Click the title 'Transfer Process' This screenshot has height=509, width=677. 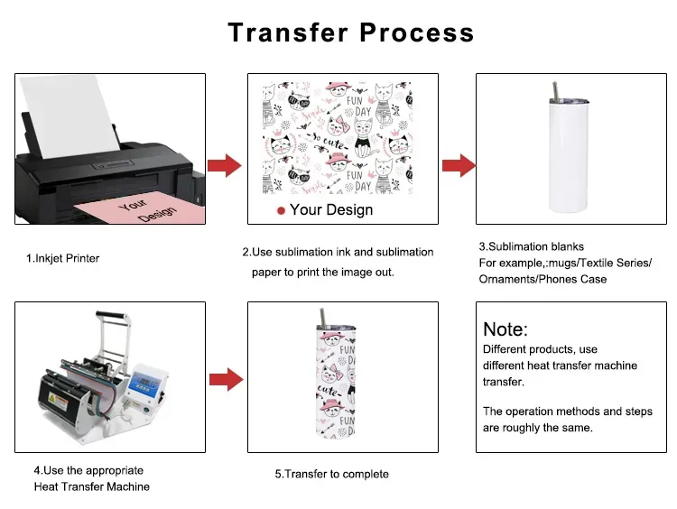coord(350,32)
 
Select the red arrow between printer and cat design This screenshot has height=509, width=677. coord(224,165)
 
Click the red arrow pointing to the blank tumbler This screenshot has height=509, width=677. coord(459,165)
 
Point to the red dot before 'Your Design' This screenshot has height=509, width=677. coord(281,210)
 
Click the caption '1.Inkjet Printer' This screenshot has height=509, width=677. coord(62,259)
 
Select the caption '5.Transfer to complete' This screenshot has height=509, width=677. coord(331,474)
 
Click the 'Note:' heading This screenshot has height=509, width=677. coord(505,329)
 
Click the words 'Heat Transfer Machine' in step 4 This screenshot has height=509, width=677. coord(92,487)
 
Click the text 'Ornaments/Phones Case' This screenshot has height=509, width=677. coord(543,279)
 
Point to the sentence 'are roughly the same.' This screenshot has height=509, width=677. coord(538,428)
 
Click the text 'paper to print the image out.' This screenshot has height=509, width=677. coord(322,272)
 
